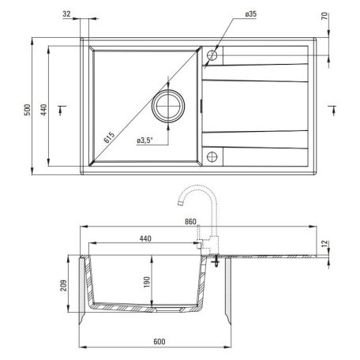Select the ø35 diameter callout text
pos(230,14)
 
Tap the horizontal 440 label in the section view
pos(144,238)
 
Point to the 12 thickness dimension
pos(325,244)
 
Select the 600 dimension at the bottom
pos(158,342)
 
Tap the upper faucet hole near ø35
pos(211,57)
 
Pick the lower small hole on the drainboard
pos(211,155)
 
